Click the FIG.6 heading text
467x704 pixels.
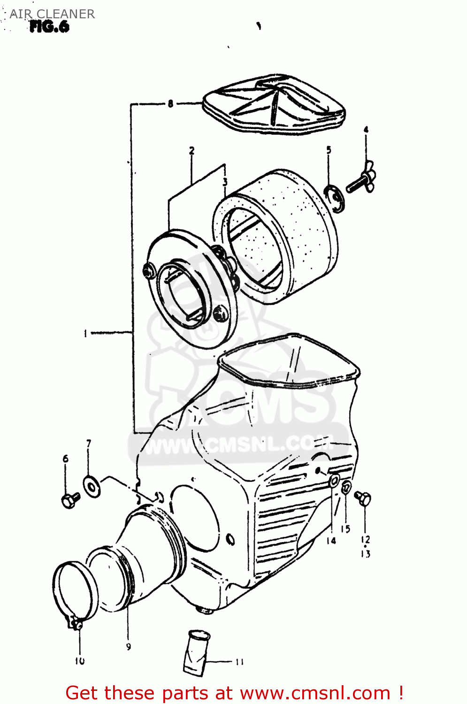[49, 27]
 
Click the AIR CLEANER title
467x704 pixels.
[52, 14]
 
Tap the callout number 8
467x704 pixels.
[170, 103]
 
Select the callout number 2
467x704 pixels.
[191, 151]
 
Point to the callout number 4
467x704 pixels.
[366, 130]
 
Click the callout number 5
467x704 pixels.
[329, 150]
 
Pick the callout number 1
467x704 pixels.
[85, 333]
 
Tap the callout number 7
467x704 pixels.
[89, 443]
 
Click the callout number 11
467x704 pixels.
[239, 662]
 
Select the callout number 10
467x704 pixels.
[79, 661]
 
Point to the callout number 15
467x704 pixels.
[345, 529]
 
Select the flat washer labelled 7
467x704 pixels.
[91, 486]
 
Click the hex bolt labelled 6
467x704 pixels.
[70, 500]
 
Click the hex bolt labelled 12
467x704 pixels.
[363, 498]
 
